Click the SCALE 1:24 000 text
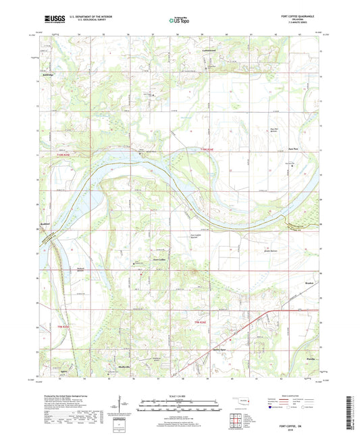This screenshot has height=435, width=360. [180, 394]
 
